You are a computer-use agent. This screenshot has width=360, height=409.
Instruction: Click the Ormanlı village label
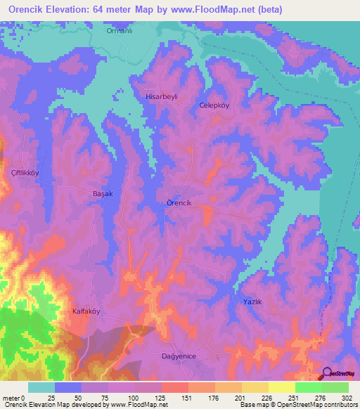click(119, 31)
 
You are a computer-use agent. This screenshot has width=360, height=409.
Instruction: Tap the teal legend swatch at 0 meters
click(41, 387)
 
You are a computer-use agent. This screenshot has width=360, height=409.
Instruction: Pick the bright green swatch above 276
click(308, 387)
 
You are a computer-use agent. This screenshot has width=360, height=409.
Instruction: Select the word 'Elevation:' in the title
click(74, 9)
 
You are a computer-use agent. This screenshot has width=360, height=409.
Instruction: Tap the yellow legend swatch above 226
click(255, 387)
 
